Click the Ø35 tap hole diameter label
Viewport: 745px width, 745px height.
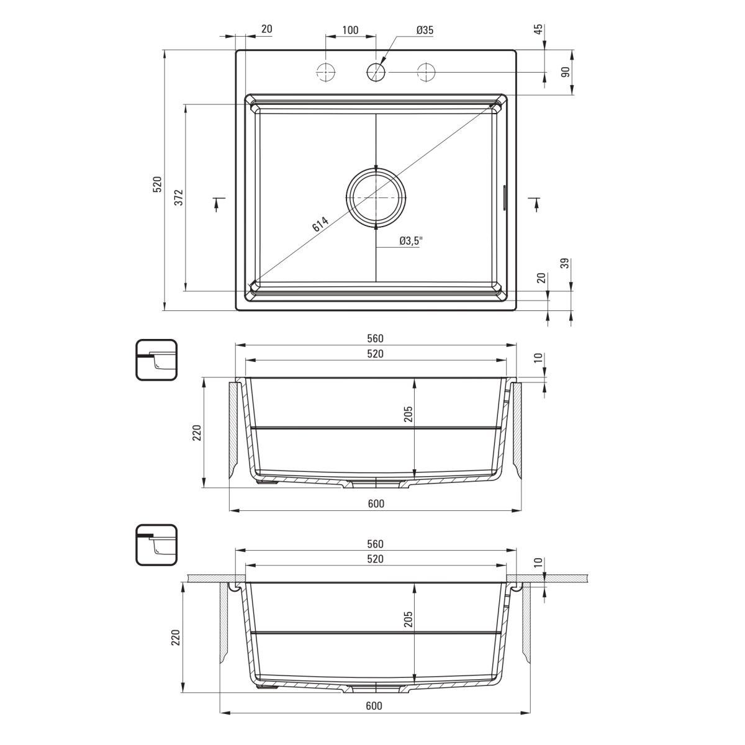425,30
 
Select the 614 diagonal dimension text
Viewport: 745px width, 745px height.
320,224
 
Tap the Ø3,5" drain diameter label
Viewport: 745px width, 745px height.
411,242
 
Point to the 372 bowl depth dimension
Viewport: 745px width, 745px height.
179,197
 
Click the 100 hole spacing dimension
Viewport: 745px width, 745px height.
350,30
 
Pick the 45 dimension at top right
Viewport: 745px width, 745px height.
539,29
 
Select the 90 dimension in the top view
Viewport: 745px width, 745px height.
565,72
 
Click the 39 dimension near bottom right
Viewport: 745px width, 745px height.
565,264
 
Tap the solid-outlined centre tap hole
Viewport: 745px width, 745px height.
376,72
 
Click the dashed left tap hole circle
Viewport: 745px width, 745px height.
325,72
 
